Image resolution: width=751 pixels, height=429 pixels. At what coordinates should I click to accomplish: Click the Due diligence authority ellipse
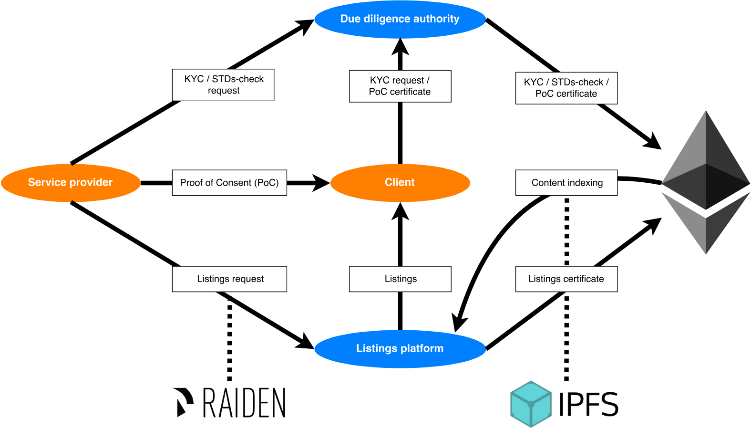coord(400,19)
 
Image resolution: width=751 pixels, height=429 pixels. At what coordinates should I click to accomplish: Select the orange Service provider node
coord(71,182)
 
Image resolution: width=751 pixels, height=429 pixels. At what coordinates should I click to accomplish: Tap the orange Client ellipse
coord(400,182)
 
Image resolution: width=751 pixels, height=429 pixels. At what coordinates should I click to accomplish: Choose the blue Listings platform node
coord(400,348)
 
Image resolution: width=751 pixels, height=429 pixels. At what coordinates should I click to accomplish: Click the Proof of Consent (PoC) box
coord(229,183)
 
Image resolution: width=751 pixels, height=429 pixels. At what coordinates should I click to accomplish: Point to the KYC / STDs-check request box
coord(223,85)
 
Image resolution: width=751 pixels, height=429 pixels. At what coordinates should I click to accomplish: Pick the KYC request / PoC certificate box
coord(400,86)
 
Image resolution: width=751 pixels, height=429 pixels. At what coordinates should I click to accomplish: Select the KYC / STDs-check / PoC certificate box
coord(566,88)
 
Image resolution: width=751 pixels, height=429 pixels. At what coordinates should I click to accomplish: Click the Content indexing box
coord(566,183)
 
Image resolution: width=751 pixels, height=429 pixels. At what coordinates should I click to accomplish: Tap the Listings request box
coord(229,279)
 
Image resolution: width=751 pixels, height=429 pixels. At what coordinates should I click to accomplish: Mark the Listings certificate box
coord(566,279)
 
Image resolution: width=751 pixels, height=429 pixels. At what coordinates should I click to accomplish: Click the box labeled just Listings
coord(400,279)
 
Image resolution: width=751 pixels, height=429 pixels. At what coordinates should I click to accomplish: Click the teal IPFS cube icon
coord(530,404)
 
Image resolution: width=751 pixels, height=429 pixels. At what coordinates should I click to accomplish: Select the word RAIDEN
coord(244,403)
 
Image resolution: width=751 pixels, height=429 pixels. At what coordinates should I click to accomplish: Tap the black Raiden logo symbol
coord(183,402)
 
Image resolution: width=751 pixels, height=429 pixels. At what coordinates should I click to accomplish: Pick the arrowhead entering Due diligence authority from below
coord(400,47)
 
